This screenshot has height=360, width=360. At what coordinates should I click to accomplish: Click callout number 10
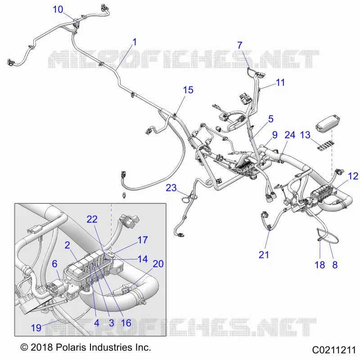coord(58,9)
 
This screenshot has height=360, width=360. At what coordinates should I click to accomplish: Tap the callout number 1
coord(135,42)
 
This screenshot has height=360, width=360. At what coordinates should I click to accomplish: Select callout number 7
coord(240,45)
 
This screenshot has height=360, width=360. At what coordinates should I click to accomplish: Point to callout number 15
coord(188,90)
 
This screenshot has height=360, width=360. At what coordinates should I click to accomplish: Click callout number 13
coord(306,135)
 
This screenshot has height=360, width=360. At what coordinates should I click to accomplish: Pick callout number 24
coord(290,135)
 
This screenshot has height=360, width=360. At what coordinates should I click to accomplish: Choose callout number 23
coord(171,188)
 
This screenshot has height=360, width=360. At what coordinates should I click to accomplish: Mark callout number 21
coord(264,255)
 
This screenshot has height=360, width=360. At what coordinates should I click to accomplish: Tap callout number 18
coord(320,265)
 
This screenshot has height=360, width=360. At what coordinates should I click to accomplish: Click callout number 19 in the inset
coord(36,328)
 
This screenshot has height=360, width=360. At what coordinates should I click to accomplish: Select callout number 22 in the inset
coord(92,220)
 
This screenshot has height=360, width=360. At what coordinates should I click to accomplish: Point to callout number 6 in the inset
coord(54,264)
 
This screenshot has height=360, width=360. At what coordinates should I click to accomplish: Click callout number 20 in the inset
coord(158,264)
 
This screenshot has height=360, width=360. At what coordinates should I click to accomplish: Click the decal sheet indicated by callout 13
coord(324,146)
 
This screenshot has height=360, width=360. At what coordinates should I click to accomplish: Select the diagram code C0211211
coord(334,350)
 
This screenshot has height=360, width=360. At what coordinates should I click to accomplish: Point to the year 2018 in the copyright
coord(42,347)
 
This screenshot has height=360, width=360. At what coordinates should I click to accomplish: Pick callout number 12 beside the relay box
coord(353,176)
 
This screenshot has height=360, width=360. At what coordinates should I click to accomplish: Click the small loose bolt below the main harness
coord(124,195)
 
